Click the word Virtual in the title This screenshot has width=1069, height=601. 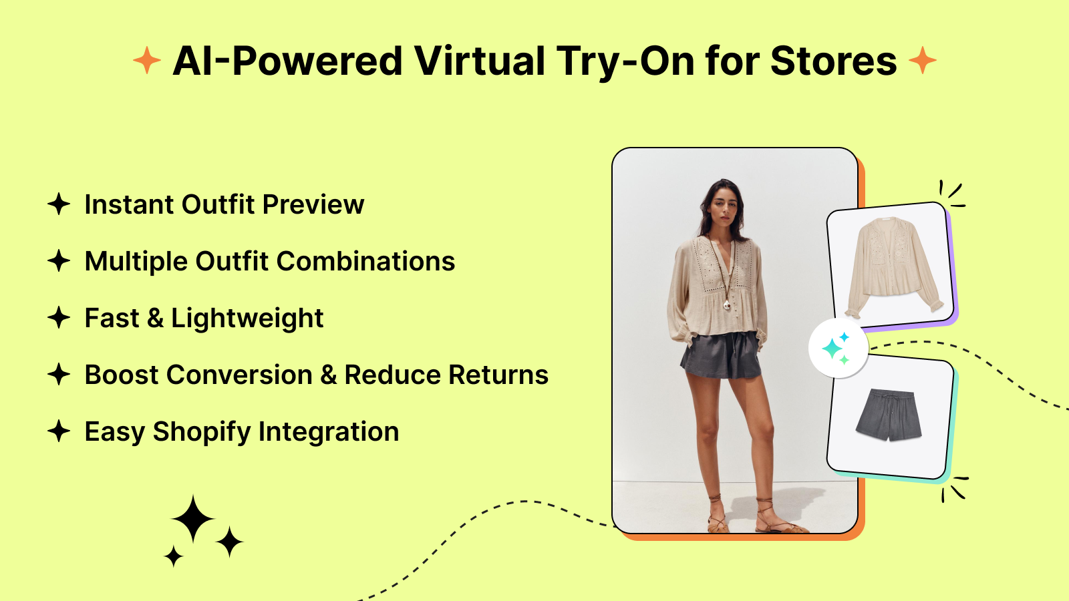point(479,61)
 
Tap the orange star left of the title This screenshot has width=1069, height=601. point(147,60)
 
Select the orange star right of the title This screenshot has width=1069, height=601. point(923,60)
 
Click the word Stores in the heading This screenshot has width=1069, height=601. point(834,61)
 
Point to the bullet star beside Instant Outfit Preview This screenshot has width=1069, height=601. point(59,204)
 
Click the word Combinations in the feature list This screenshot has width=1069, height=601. point(365,261)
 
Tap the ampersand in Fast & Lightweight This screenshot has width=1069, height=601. point(155,318)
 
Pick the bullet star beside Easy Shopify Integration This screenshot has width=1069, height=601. point(59,431)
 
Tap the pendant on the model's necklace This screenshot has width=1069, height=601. point(726,305)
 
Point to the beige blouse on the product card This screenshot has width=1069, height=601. point(894,267)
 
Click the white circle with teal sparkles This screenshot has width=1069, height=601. point(838,349)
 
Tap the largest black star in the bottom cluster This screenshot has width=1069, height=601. point(193,519)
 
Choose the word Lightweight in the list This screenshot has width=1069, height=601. point(247,319)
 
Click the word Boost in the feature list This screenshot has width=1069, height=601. point(122,375)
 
